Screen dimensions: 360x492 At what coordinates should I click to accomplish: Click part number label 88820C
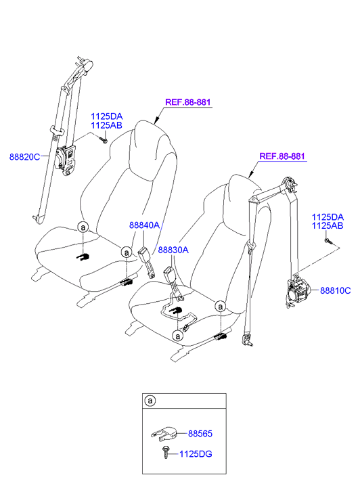25,156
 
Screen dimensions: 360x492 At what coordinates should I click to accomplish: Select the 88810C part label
335,290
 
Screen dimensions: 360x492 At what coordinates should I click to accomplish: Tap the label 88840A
144,225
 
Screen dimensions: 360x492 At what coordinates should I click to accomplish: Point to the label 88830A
173,250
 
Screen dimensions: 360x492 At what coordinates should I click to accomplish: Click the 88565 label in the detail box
200,434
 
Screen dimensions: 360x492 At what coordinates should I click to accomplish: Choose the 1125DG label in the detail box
196,453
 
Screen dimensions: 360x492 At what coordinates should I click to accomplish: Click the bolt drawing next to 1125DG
165,452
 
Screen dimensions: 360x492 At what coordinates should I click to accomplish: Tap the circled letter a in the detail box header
150,401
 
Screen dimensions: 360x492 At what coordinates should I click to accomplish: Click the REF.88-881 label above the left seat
187,102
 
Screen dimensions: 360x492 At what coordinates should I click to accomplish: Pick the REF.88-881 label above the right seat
282,156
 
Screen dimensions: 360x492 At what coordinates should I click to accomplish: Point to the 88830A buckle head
169,273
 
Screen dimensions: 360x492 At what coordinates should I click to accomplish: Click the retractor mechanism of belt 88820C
65,160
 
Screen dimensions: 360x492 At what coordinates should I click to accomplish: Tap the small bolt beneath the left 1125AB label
104,139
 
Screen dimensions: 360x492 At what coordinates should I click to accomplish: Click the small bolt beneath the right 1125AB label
327,242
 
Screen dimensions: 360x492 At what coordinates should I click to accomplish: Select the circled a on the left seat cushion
83,227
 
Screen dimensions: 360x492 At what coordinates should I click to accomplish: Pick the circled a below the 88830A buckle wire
178,336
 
